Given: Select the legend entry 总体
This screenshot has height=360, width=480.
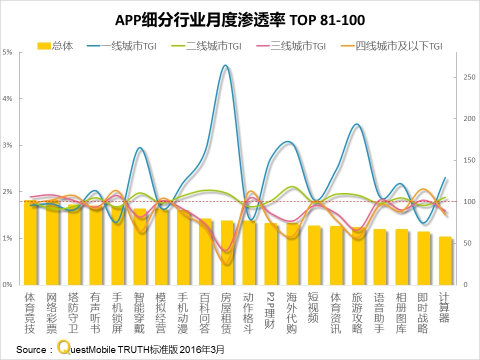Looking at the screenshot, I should [55, 46].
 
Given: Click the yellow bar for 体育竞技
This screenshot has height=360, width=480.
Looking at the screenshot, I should [30, 242].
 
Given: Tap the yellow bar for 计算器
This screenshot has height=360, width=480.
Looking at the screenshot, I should [445, 260].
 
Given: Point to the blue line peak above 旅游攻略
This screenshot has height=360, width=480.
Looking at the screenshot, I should [356, 124].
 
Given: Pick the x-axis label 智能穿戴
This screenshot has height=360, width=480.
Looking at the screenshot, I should [139, 312].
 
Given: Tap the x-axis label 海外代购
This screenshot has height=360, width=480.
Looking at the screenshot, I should [292, 312].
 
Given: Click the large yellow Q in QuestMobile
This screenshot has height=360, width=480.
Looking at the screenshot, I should [63, 347].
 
